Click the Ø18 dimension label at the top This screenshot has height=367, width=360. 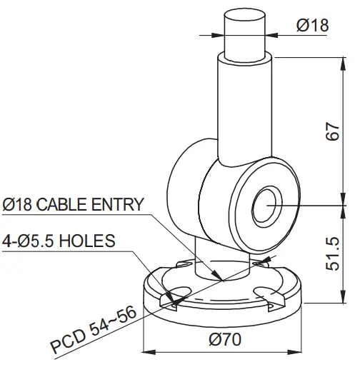(x=311, y=25)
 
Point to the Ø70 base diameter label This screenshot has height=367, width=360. (x=224, y=340)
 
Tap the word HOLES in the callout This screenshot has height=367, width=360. (x=86, y=241)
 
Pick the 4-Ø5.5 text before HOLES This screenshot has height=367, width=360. (x=29, y=241)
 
